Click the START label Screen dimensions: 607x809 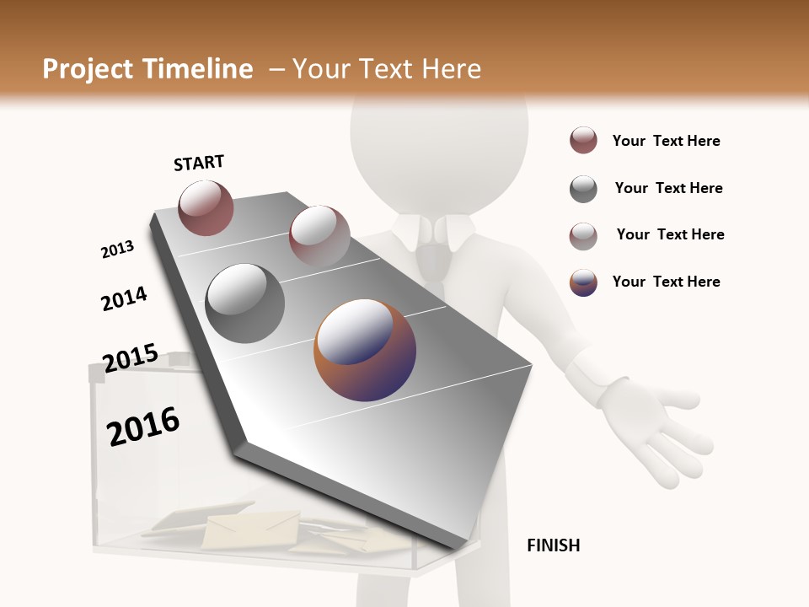[x=199, y=163]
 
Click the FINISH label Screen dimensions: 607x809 [x=553, y=545]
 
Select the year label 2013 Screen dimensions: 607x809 [x=117, y=250]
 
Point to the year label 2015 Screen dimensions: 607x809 [x=130, y=357]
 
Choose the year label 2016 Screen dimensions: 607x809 [x=143, y=427]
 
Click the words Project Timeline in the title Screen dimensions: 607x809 [x=147, y=69]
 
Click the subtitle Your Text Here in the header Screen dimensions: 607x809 [x=387, y=69]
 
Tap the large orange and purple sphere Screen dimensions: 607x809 [x=365, y=350]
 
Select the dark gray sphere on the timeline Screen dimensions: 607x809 [x=245, y=303]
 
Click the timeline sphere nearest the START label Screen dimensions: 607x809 [x=206, y=207]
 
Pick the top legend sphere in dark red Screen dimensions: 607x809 [x=583, y=141]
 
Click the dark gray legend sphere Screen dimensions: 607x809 [x=583, y=189]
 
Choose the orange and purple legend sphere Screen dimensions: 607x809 [x=583, y=282]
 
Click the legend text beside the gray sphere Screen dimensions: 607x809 [x=668, y=188]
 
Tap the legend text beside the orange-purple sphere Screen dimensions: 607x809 [x=666, y=282]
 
